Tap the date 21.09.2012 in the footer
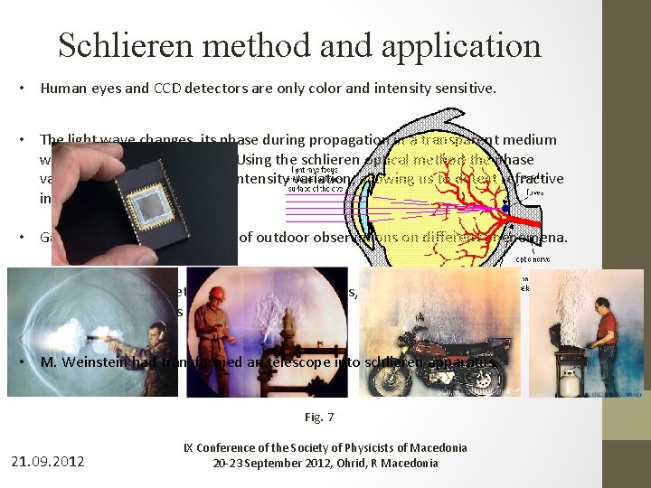pos(47,461)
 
